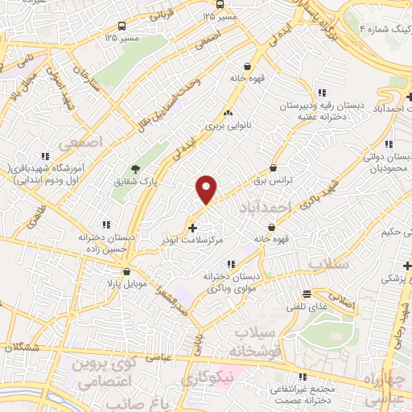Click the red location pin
[x=207, y=189]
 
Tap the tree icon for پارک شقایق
[x=136, y=170]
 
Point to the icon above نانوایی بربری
[x=229, y=113]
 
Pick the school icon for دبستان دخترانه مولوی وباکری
[x=231, y=264]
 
